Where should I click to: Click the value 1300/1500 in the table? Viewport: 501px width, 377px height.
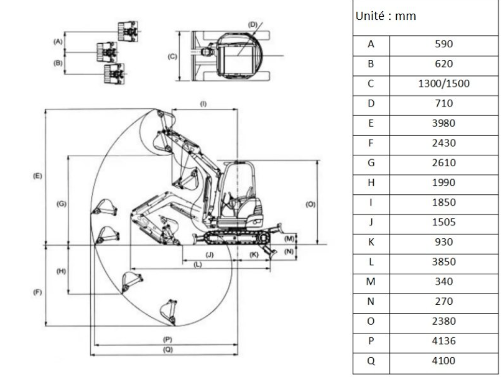[x=443, y=83]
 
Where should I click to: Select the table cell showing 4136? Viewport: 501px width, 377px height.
[x=443, y=341]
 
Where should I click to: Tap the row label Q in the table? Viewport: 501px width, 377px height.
[x=371, y=361]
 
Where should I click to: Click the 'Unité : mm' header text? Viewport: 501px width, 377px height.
[x=385, y=16]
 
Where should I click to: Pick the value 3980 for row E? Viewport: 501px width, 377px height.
[x=443, y=123]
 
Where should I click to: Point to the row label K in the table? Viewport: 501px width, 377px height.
[x=371, y=242]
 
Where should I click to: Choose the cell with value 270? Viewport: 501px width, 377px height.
[x=443, y=301]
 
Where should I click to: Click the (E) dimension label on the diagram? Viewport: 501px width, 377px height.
[x=37, y=176]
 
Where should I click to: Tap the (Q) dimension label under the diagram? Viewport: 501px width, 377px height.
[x=167, y=350]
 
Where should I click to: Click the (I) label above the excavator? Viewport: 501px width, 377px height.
[x=203, y=104]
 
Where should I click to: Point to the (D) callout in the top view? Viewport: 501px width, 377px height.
[x=253, y=24]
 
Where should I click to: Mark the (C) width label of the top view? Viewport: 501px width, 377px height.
[x=172, y=56]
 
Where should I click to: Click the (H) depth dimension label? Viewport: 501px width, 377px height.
[x=61, y=271]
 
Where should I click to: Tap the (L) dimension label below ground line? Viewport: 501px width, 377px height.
[x=198, y=264]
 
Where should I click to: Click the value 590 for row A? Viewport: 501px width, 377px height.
[x=443, y=44]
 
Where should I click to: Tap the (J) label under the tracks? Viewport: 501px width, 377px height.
[x=209, y=253]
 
